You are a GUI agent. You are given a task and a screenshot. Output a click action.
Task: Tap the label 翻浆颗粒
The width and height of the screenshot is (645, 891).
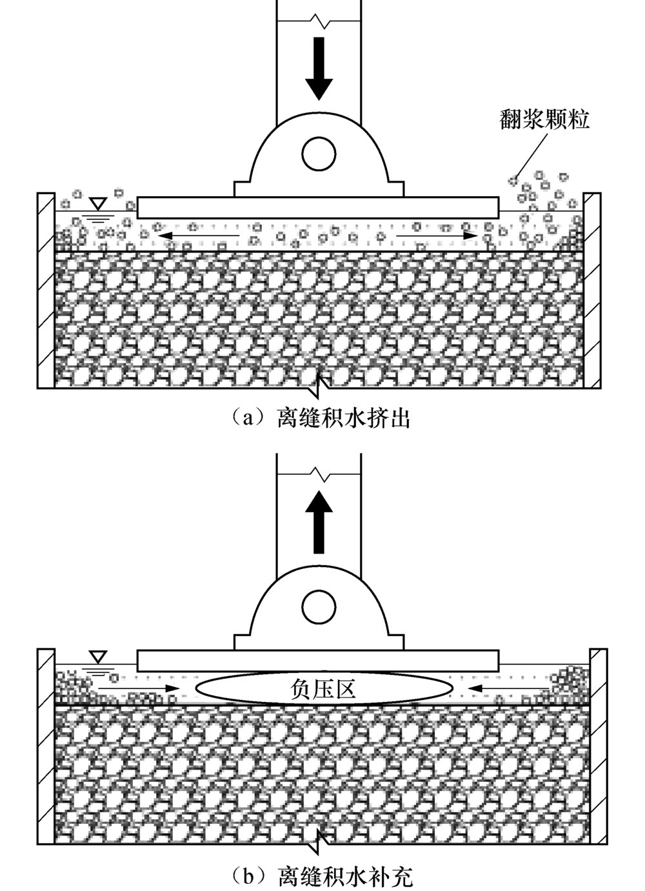pos(544,119)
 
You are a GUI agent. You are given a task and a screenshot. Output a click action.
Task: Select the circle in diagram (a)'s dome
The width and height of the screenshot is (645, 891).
pos(319,153)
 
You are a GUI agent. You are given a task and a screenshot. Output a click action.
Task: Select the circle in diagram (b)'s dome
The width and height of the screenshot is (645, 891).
pos(319,607)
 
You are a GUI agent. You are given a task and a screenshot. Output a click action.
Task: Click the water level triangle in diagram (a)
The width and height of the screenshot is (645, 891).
pos(98,204)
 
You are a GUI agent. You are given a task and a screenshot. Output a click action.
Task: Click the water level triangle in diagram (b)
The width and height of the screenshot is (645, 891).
pos(98,657)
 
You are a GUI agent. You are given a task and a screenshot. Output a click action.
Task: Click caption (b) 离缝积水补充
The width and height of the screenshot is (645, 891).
pos(322,876)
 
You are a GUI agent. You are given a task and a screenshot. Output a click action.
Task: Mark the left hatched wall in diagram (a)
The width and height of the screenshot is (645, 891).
pos(46,290)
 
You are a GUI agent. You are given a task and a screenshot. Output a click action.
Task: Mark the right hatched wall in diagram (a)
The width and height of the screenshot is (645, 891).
pos(592,290)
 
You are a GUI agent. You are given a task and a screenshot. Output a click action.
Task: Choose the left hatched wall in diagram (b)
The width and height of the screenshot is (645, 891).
pos(46,745)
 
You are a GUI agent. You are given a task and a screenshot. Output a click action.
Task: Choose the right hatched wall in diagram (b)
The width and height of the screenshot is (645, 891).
pos(599,745)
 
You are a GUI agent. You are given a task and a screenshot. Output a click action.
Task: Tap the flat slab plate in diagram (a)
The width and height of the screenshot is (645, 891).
pos(319,207)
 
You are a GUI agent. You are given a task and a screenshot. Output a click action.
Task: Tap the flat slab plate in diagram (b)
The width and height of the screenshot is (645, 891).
pos(319,661)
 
